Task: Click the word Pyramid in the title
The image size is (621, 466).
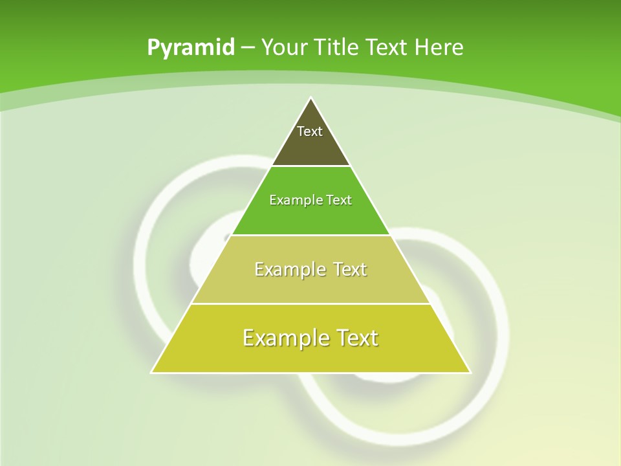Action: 190,48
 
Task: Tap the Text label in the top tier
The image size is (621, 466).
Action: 310,131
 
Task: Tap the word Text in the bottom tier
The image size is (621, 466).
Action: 356,338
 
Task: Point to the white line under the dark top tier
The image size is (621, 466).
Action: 310,166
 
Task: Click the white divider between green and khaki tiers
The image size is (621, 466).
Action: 310,235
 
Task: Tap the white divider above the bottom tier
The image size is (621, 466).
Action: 310,304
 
